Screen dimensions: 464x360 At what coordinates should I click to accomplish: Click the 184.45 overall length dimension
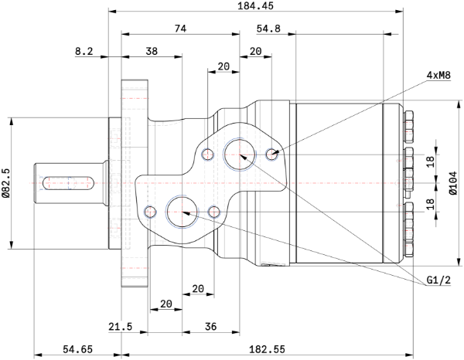click(x=256, y=5)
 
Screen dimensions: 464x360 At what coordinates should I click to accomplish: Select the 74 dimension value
click(x=180, y=29)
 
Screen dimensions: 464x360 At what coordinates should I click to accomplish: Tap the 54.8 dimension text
click(x=268, y=29)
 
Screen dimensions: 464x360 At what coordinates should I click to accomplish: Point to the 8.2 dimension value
click(x=84, y=51)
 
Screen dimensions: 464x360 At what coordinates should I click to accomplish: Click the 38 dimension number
click(x=152, y=51)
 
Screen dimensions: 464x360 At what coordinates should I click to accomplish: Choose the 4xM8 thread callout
click(x=438, y=75)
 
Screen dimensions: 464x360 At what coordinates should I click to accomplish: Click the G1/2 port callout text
click(x=438, y=280)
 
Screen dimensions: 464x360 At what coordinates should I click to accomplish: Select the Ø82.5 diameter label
click(x=5, y=183)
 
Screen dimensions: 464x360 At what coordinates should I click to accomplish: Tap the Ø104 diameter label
click(x=453, y=183)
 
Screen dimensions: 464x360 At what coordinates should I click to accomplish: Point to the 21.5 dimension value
click(x=120, y=327)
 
